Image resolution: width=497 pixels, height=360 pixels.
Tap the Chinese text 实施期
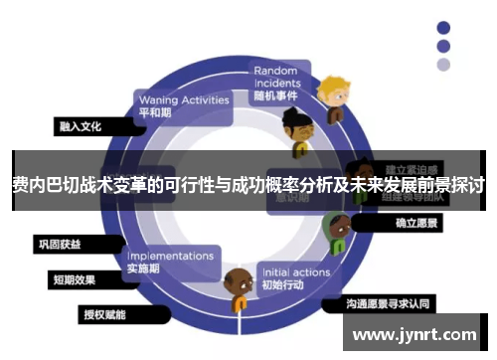(x=144, y=269)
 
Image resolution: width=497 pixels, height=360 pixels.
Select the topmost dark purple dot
(x=443, y=27)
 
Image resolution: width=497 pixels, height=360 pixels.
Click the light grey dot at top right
(x=443, y=65)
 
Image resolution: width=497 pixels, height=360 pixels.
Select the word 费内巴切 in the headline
(x=42, y=185)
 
